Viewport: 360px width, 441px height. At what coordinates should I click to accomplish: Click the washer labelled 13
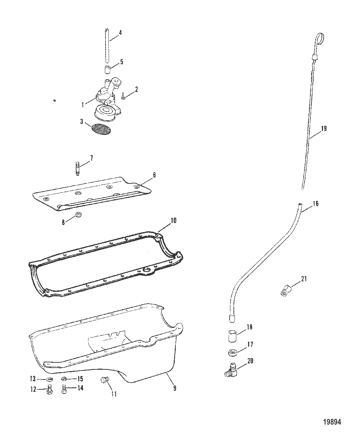click(x=49, y=379)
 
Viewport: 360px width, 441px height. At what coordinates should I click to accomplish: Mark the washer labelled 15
click(x=64, y=379)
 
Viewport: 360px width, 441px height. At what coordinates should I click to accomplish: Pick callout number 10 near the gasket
click(x=173, y=220)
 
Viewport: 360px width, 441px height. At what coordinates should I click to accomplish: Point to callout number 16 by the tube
click(x=315, y=204)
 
